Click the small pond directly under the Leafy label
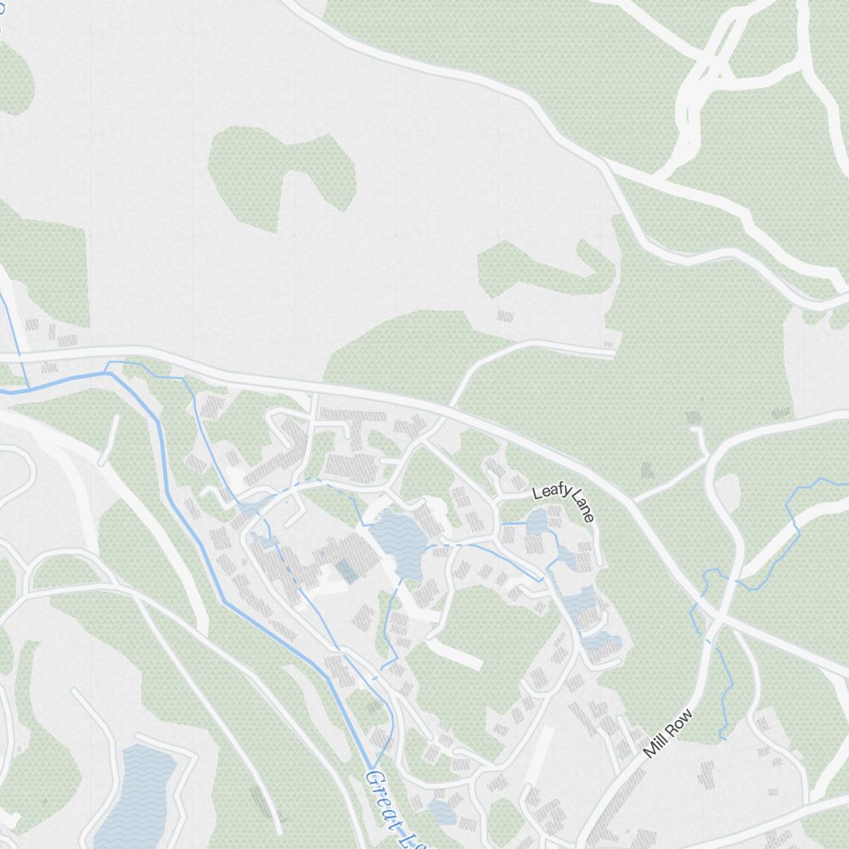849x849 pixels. click(x=537, y=522)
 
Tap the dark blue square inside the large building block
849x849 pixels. click(x=346, y=571)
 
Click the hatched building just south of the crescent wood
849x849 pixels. click(x=505, y=316)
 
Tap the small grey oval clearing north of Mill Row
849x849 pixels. click(x=728, y=492)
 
